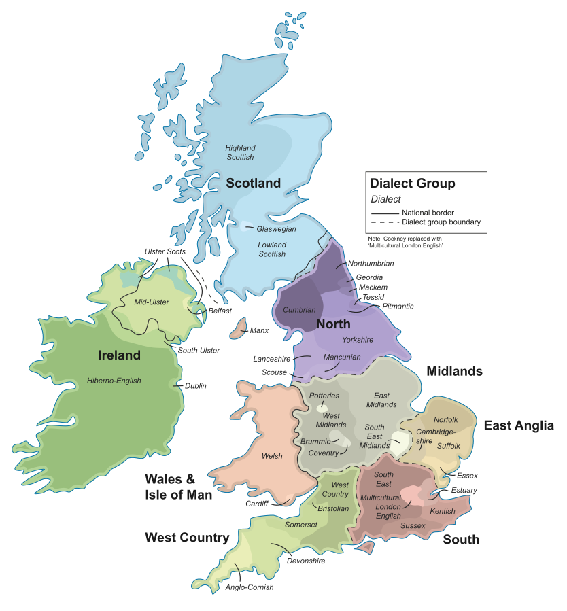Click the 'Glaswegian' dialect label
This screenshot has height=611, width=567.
coord(276,229)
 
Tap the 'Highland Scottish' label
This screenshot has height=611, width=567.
coord(241,152)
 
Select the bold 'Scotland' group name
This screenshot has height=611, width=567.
coord(253,184)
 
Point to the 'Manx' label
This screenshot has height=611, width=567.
coord(259,331)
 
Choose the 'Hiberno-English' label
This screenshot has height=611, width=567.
coord(114,381)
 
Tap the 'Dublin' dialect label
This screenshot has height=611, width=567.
coord(196,386)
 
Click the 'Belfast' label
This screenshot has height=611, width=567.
coord(220,311)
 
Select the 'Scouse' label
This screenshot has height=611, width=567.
coord(274,372)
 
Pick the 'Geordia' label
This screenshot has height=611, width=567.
coord(369,277)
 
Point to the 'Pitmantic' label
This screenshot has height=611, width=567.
coord(398,307)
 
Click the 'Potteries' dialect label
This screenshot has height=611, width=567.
coord(324,396)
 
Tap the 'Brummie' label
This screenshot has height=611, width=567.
coord(315,441)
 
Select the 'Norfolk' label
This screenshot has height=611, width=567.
coord(446,420)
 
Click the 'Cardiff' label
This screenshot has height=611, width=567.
coord(257,504)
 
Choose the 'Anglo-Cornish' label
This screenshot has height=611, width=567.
coord(250,587)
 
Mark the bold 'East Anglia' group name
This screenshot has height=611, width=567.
coord(519,426)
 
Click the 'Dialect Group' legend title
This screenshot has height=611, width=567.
coord(412,184)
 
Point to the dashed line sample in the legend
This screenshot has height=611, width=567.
coord(384,222)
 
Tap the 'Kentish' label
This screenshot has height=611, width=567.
coord(443,511)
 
